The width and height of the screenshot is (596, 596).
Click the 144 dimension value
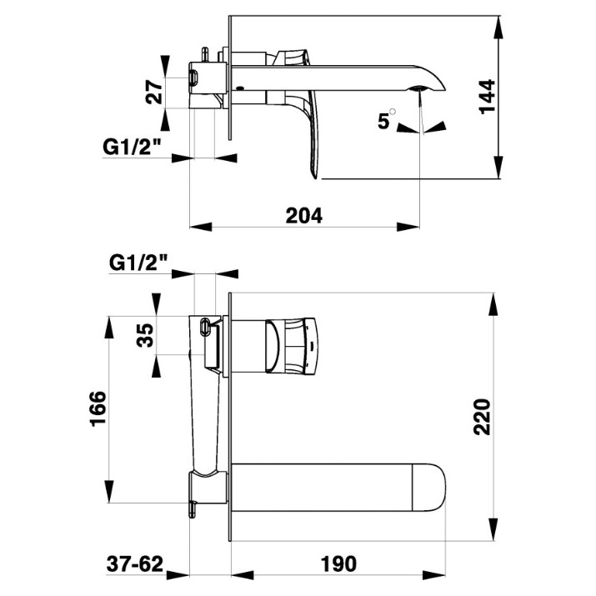[488, 97]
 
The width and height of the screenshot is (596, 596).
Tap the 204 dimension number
[303, 216]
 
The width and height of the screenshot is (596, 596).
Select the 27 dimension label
[154, 92]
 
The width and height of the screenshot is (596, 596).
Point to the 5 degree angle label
[384, 121]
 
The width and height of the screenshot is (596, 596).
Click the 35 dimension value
[145, 335]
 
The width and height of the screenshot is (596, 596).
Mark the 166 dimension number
[98, 408]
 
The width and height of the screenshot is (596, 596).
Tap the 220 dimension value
[482, 417]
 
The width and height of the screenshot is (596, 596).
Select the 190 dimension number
[338, 563]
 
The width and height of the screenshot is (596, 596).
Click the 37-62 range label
[135, 563]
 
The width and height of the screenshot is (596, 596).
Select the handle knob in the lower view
[291, 345]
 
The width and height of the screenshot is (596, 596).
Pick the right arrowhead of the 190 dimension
[434, 574]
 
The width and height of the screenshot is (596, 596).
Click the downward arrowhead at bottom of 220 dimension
[493, 528]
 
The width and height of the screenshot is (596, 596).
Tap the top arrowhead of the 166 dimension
[109, 328]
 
